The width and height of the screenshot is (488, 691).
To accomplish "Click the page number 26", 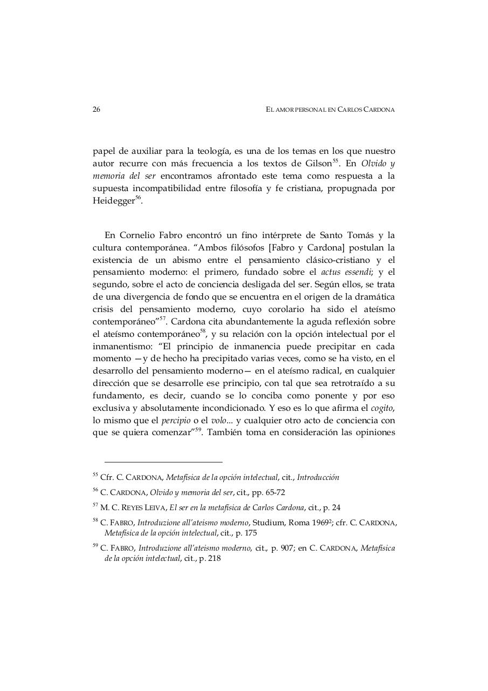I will pyautogui.click(x=97, y=110).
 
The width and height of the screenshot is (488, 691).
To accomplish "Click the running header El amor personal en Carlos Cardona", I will pyautogui.click(x=331, y=110).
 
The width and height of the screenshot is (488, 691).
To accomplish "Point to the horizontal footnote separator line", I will pyautogui.click(x=163, y=462).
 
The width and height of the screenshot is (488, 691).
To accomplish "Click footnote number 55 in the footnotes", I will pyautogui.click(x=95, y=475).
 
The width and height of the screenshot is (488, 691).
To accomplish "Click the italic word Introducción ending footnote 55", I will pyautogui.click(x=318, y=477).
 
